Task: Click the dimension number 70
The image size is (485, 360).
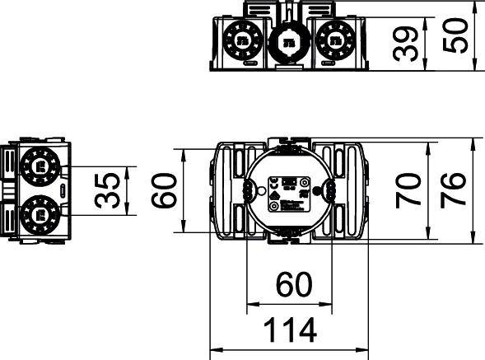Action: click(409, 191)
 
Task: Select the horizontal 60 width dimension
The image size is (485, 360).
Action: click(293, 284)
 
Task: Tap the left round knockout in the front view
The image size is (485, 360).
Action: click(242, 39)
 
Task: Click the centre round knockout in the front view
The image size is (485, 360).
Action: click(287, 42)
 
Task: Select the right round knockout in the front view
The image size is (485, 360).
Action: click(333, 39)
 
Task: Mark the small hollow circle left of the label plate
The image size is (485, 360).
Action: click(261, 192)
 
